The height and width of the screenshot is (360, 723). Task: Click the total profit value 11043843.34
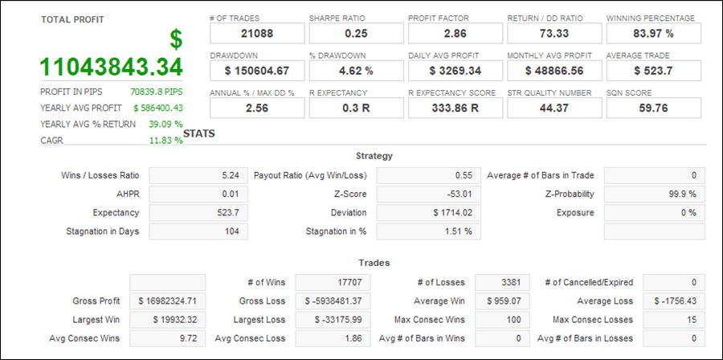point(112,67)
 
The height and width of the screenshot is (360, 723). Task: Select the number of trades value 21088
point(257,33)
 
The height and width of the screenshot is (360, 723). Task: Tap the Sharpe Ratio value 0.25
point(356,33)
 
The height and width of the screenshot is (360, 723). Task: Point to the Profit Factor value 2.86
point(455,33)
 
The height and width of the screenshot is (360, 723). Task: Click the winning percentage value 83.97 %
point(653,33)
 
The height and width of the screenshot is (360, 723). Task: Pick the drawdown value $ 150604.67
point(257,71)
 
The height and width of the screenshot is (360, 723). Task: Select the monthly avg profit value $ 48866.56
point(554,71)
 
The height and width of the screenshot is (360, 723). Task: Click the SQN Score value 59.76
point(653,108)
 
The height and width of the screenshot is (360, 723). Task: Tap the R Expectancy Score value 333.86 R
point(455,108)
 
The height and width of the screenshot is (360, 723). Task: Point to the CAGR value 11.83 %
point(165,141)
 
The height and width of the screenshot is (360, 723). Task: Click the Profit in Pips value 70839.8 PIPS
point(156,92)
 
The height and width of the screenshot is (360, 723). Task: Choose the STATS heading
point(199,133)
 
